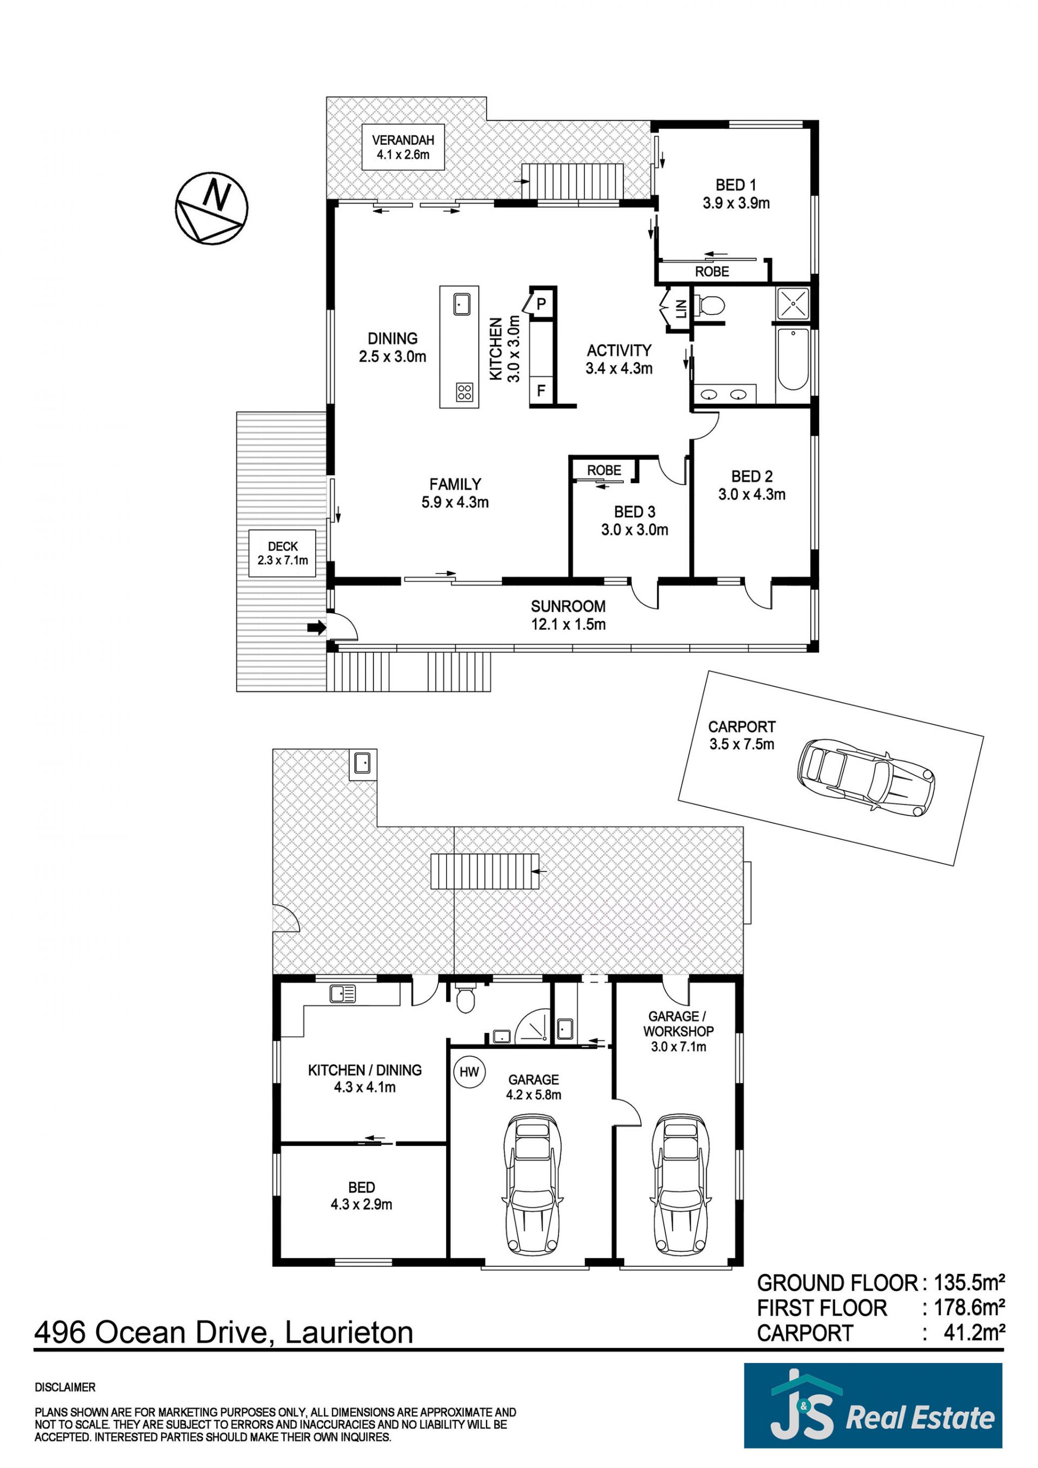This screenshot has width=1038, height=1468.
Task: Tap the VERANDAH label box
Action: pos(403,147)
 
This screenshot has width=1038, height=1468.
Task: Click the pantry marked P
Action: pos(541,304)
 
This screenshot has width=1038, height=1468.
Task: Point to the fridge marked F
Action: pos(541,390)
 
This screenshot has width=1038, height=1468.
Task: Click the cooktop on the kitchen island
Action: pos(465,391)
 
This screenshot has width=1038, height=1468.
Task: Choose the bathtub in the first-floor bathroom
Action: pos(793,359)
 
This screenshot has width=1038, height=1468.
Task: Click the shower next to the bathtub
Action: pos(793,303)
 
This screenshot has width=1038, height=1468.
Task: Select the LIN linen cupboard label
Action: pos(681,310)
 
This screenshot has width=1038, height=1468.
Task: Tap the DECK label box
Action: pos(283,553)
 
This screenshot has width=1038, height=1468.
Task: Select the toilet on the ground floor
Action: pos(465,999)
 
